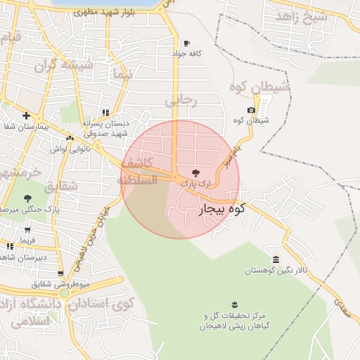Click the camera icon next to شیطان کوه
[x=251, y=110]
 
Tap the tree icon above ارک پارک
[x=195, y=172]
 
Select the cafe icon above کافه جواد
[x=186, y=42]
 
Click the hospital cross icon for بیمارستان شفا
[x=26, y=115]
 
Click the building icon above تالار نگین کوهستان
[x=276, y=259]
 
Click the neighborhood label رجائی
[x=181, y=101]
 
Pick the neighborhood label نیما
[x=121, y=73]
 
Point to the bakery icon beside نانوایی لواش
[x=69, y=137]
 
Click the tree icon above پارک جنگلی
[x=27, y=198]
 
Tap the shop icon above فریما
[x=27, y=229]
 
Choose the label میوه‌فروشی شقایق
[x=60, y=284]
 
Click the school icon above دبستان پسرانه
[x=105, y=112]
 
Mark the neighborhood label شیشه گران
[x=64, y=65]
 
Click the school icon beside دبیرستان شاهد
[x=10, y=247]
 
